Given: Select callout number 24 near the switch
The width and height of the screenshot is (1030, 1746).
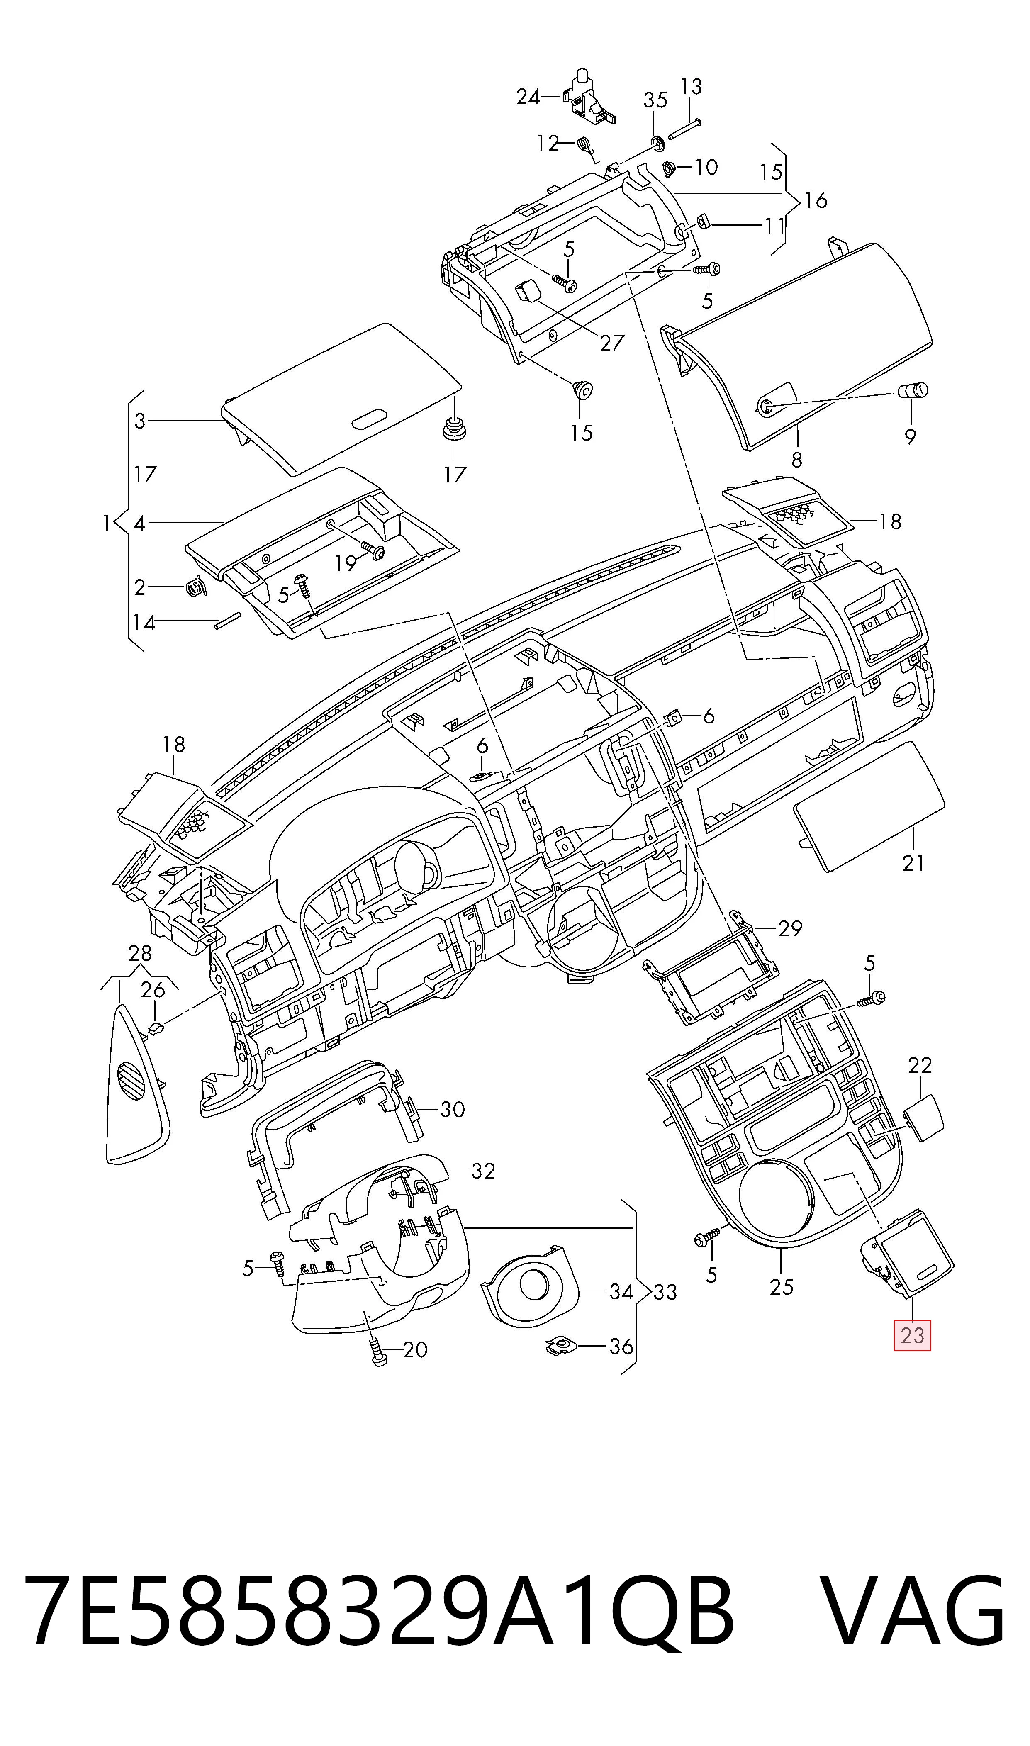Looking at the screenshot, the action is coord(528,97).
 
